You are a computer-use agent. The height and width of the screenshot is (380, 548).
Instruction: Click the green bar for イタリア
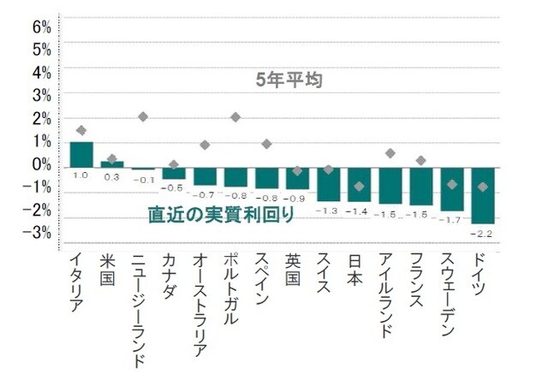(81, 154)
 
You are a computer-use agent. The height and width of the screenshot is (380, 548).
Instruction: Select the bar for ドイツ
(483, 195)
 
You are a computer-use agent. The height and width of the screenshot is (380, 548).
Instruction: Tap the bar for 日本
(359, 184)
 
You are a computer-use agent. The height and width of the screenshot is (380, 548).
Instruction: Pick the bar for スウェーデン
(452, 189)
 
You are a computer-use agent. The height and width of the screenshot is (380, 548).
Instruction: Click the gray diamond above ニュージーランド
(143, 116)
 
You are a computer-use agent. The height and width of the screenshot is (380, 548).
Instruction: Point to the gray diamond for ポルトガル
(235, 117)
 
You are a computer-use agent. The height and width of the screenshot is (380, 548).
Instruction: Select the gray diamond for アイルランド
(390, 153)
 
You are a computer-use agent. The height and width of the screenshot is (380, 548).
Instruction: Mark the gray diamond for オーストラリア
(205, 145)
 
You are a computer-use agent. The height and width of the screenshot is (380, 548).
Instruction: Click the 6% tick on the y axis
(42, 27)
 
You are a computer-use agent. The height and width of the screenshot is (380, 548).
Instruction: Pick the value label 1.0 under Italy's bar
(80, 175)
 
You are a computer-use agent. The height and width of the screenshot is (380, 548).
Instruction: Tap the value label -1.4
(359, 211)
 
